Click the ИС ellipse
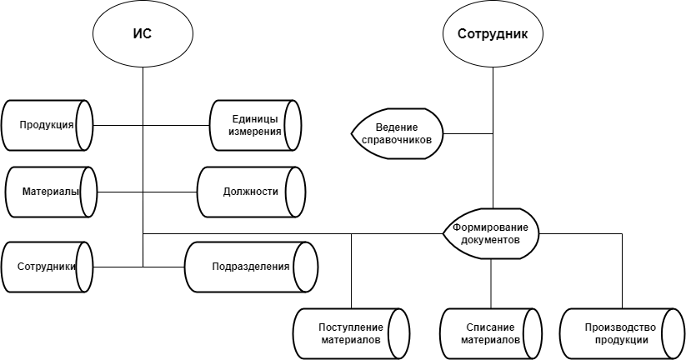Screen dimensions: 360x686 click(x=143, y=34)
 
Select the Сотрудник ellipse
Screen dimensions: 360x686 click(x=492, y=34)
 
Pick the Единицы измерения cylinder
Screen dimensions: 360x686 click(x=255, y=126)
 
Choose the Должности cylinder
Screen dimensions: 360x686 click(x=250, y=192)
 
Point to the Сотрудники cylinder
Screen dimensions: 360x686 click(x=48, y=267)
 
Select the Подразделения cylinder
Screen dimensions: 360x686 click(x=250, y=267)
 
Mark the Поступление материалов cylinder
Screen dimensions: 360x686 click(x=351, y=333)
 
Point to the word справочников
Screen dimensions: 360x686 click(x=398, y=140)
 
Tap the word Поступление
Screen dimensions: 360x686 click(x=351, y=327)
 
